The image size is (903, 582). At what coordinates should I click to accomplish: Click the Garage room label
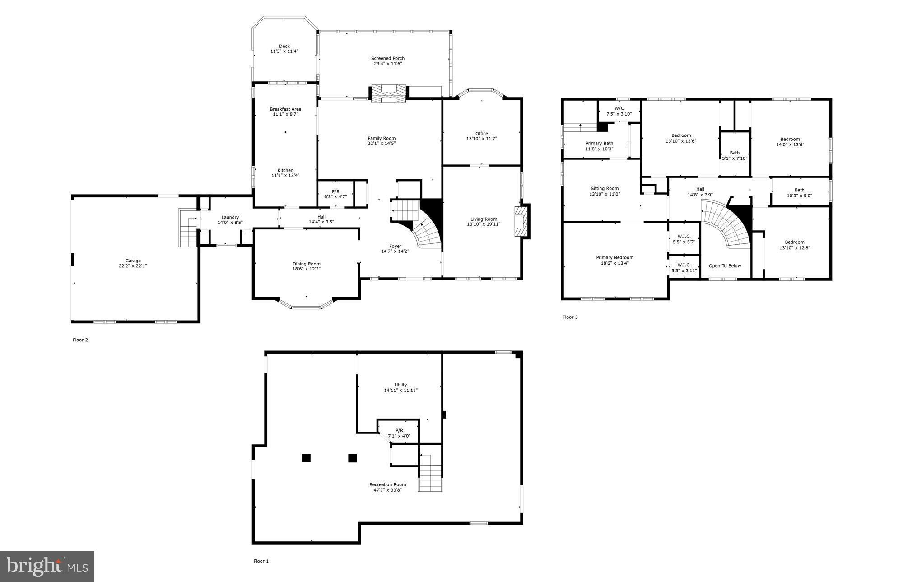[133, 261]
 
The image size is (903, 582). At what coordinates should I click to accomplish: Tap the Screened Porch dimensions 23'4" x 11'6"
[387, 64]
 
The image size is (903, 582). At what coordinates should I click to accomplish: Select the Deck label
[284, 46]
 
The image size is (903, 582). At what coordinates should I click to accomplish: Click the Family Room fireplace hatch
[388, 93]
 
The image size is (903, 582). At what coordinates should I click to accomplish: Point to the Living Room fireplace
[521, 221]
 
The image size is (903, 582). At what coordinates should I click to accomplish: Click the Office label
[481, 133]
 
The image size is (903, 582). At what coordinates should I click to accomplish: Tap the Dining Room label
[306, 264]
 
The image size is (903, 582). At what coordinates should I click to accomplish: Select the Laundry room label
[230, 217]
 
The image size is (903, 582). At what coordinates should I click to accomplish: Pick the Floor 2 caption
[80, 340]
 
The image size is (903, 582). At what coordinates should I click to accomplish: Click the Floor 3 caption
[570, 317]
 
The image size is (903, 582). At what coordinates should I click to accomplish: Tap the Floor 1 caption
[261, 561]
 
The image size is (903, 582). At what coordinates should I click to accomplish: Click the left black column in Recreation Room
[306, 458]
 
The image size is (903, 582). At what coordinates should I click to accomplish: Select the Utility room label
[400, 385]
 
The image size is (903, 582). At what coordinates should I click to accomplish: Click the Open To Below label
[725, 266]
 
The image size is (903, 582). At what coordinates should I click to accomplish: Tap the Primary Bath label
[599, 143]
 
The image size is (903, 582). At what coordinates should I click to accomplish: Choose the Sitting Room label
[605, 188]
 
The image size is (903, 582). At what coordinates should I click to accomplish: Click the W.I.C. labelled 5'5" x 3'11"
[684, 268]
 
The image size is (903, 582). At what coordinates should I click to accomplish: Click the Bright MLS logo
[47, 566]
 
